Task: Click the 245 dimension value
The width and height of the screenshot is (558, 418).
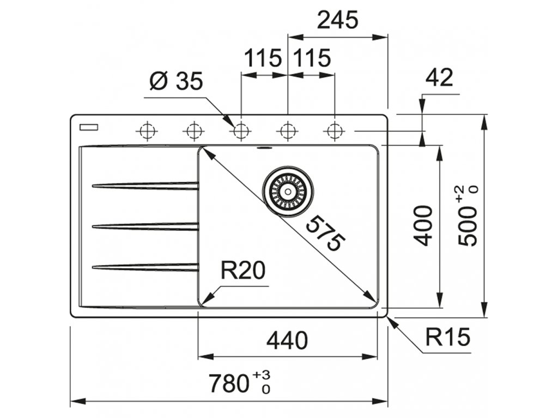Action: coord(338,20)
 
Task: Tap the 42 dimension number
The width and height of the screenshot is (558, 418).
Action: coord(439,78)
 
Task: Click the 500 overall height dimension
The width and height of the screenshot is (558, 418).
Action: coord(469,223)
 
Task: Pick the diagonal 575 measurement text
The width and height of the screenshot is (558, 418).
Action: coord(325,233)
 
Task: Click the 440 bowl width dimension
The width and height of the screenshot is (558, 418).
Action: coord(287,341)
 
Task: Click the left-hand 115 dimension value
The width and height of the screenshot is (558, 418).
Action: coord(263,58)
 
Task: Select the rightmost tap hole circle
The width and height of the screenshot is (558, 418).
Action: coord(334,131)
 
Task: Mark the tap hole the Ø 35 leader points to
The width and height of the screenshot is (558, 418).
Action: coord(240,131)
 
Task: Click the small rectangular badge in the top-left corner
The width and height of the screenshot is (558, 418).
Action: coord(88,127)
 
